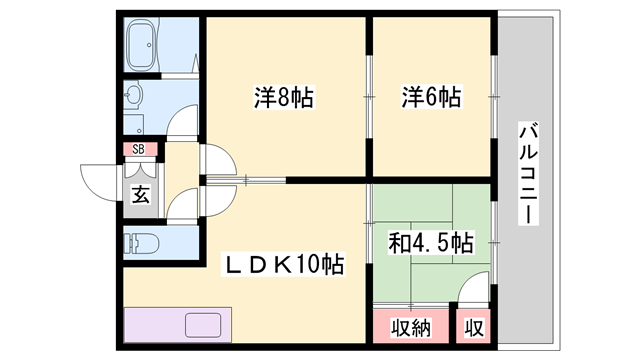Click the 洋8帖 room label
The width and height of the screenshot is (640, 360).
point(284,98)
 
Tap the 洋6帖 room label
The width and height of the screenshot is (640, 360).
point(431,98)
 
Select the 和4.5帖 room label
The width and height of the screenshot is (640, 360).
point(431,242)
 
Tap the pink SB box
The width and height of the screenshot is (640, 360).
point(139,150)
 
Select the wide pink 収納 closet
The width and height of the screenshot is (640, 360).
point(410,326)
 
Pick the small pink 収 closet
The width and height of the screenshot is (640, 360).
point(471,326)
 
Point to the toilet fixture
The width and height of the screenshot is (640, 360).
point(142,242)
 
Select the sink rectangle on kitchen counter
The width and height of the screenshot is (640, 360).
point(205,326)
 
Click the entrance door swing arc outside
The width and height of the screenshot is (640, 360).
point(100,180)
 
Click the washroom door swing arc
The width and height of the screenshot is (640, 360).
point(184,122)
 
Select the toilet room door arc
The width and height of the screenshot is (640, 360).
point(186,206)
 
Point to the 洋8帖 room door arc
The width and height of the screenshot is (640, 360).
point(219,162)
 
